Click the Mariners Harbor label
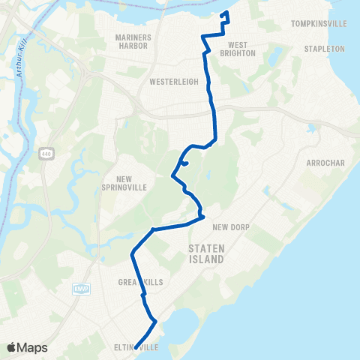tap(135, 41)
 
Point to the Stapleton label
tap(324, 49)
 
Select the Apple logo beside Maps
tap(12, 347)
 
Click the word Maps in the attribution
tap(32, 347)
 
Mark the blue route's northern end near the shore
tap(226, 13)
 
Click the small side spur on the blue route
tap(184, 162)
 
